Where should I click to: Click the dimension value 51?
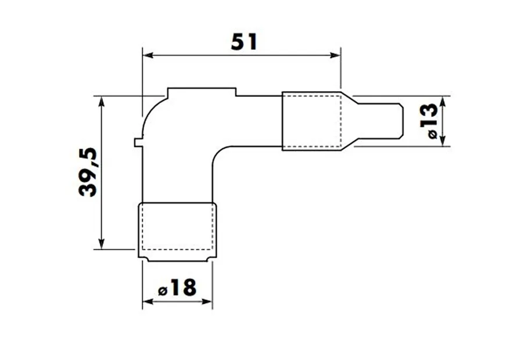click(x=243, y=42)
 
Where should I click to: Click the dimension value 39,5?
click(x=89, y=172)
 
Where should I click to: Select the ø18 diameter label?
click(x=177, y=288)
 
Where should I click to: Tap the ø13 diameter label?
click(x=428, y=121)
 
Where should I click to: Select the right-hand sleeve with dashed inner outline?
click(x=311, y=121)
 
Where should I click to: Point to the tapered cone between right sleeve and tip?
click(x=349, y=121)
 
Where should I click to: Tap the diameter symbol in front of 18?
click(x=163, y=289)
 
